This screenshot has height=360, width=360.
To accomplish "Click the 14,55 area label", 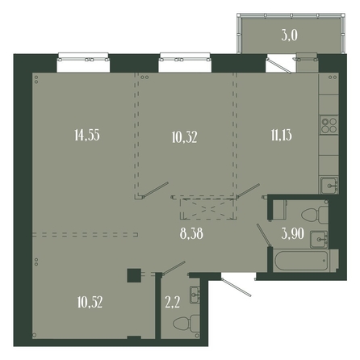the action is point(87,135).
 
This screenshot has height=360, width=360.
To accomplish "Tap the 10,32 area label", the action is point(184,137).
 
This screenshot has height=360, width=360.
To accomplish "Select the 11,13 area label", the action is point(282,135).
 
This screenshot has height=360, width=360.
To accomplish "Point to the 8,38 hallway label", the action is point(191,234).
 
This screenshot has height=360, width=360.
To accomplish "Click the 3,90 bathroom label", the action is point(293,233).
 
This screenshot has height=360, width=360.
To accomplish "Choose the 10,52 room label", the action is point(90,302).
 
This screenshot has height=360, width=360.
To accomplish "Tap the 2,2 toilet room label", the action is point(172,302).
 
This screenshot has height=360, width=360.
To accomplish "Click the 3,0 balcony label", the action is point(290,36).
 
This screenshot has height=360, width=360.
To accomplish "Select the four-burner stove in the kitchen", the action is point(329,125).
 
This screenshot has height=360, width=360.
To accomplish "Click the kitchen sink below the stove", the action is point(329,185).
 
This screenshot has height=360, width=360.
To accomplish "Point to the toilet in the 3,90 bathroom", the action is point(315,215).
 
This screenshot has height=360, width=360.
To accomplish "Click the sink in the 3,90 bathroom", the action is point(319,239).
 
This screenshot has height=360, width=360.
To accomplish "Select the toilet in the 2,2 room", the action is point(186,323).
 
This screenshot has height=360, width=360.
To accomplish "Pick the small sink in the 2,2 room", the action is point(195,295).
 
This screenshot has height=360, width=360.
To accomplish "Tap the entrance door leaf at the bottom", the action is point(236,287).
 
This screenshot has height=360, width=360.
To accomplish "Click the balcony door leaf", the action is point(279,65).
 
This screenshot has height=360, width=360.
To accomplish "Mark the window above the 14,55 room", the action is point(83,62).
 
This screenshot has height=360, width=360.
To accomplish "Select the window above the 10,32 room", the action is point(185,62).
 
